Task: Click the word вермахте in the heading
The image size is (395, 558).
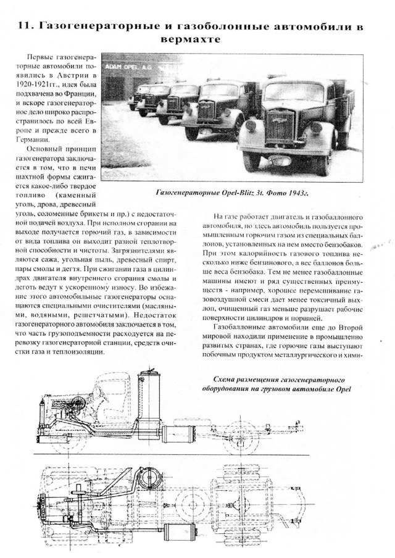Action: pos(197,41)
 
